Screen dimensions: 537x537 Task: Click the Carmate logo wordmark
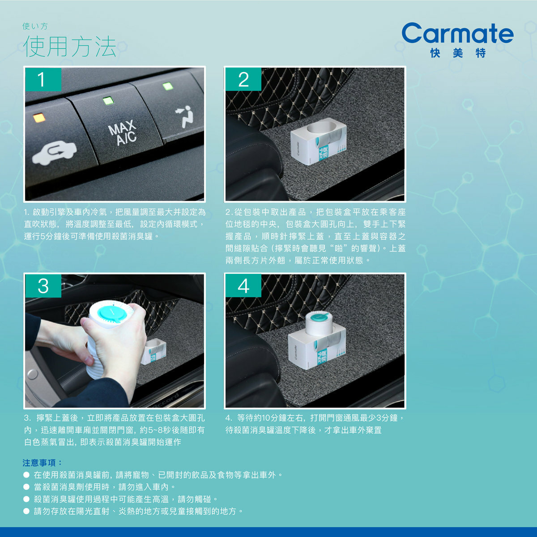tap(458, 33)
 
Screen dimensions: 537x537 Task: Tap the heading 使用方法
tap(70, 47)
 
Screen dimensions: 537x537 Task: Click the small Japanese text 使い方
tap(35, 26)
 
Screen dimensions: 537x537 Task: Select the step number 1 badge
tap(43, 79)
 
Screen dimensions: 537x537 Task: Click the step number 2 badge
tap(243, 79)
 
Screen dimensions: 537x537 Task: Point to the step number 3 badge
tap(43, 286)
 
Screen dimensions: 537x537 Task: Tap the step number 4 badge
tap(243, 286)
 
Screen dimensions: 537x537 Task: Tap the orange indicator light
tap(39, 118)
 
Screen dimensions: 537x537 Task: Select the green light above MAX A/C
tap(108, 100)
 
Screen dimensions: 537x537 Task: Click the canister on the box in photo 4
tap(319, 323)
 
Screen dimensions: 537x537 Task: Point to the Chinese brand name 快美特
tap(458, 53)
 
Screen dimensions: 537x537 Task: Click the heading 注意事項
tap(42, 463)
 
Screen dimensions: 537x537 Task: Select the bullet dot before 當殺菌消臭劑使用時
tap(26, 487)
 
